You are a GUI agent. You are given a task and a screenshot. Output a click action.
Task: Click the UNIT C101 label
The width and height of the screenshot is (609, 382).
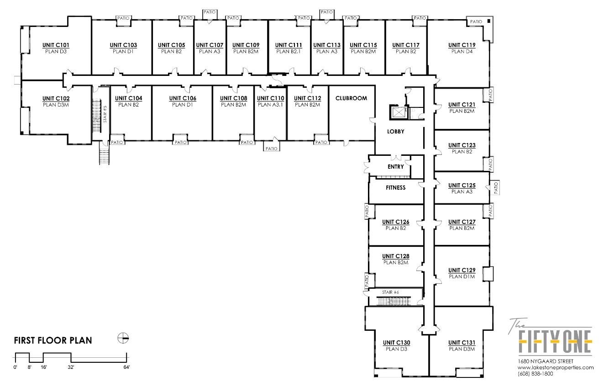(x=56, y=45)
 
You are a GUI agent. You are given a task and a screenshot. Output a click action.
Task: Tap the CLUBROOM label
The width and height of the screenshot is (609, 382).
(x=351, y=98)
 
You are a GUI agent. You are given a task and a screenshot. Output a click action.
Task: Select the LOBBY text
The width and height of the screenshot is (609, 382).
(x=396, y=132)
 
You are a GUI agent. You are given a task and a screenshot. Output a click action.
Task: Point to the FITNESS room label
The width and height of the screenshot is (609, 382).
(x=396, y=188)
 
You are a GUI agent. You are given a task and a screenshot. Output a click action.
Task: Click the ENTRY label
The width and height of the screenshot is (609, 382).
(x=396, y=167)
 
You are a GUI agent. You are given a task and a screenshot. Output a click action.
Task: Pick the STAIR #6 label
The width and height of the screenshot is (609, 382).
(x=390, y=292)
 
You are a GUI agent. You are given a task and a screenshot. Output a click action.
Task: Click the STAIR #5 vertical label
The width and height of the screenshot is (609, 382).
(x=105, y=114)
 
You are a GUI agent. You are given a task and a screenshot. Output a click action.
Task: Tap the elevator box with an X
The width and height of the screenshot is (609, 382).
(x=398, y=112)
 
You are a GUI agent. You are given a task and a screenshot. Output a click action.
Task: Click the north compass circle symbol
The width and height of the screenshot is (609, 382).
(x=123, y=338)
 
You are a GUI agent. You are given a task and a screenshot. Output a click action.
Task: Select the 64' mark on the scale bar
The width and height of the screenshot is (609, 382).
(x=126, y=367)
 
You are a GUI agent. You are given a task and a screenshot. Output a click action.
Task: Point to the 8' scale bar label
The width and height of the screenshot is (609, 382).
(x=29, y=367)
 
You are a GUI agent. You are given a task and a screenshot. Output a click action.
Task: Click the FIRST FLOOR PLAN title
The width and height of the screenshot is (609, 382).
(x=53, y=340)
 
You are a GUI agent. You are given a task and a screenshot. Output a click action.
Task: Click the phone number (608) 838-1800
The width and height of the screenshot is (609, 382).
(x=535, y=374)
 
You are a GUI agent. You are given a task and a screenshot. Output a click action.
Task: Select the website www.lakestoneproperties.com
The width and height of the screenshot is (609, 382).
(x=556, y=367)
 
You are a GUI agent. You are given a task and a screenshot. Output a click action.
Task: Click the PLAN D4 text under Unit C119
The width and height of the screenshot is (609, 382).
(x=462, y=52)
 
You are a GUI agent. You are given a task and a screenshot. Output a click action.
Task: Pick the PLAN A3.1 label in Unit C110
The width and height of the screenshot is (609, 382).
(x=271, y=105)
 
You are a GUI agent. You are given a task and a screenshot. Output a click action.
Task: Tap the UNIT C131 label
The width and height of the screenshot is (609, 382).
(x=462, y=343)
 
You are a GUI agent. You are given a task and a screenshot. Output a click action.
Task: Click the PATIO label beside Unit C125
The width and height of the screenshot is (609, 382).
(x=496, y=188)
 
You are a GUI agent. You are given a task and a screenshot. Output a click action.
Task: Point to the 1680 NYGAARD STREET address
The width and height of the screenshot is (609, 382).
(x=546, y=361)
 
